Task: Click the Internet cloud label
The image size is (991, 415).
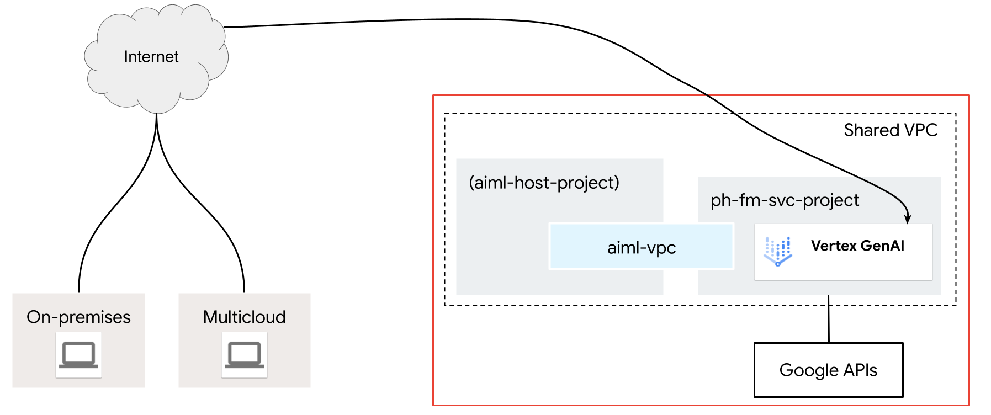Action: tap(151, 57)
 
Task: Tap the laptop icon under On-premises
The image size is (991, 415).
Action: tap(78, 355)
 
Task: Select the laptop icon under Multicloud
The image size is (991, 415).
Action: tap(244, 355)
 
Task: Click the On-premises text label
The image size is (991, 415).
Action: tap(78, 317)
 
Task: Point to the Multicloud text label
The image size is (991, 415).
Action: tap(244, 317)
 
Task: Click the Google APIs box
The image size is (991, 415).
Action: tap(828, 370)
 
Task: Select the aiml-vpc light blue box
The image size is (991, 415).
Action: tap(641, 247)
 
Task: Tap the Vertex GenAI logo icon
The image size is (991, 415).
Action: tap(777, 251)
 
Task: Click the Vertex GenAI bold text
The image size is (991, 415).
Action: tap(857, 246)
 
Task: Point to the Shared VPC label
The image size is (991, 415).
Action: tap(890, 130)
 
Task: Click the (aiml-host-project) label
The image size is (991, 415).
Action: tap(544, 183)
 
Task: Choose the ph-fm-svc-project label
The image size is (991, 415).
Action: tap(785, 200)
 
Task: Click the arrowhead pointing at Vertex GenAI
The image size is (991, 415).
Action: tap(907, 219)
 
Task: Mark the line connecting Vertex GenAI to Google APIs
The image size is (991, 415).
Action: tap(828, 320)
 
